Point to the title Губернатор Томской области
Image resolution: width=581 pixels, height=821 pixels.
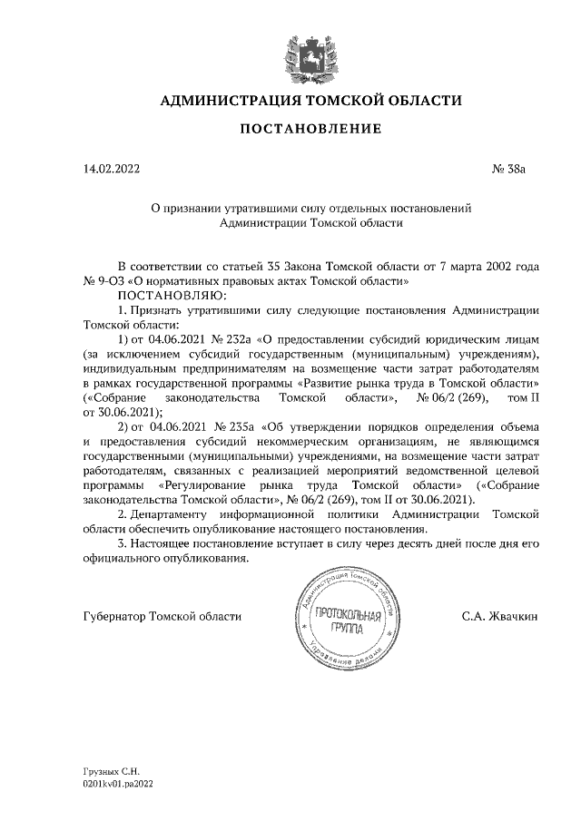(162, 616)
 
